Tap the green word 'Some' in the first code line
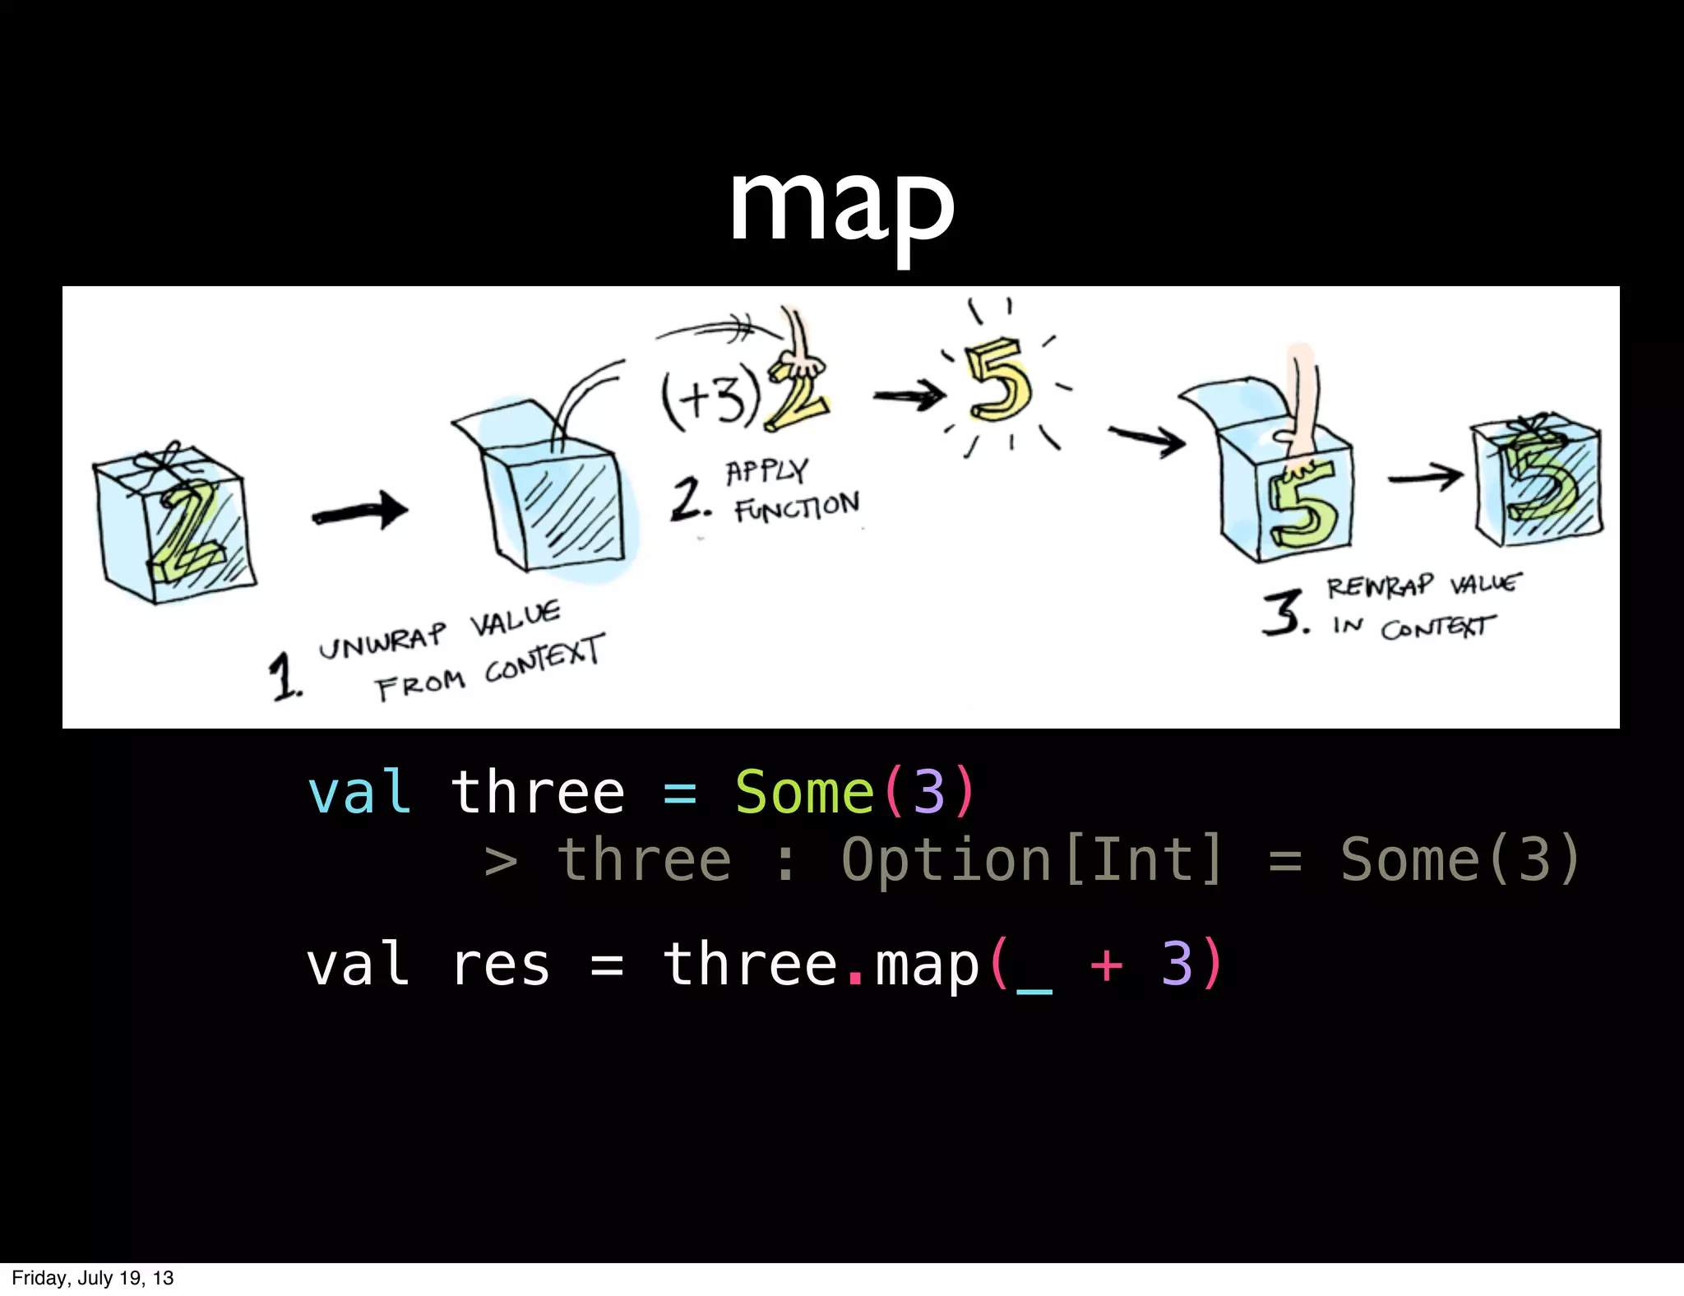[804, 793]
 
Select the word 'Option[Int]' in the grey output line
[1033, 860]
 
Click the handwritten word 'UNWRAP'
[382, 641]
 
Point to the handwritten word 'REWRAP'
[1379, 586]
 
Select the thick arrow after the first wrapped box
[359, 512]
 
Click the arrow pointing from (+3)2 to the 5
[909, 396]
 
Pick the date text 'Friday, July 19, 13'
[93, 1278]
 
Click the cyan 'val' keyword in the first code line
[359, 793]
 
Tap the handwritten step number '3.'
[1285, 613]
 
